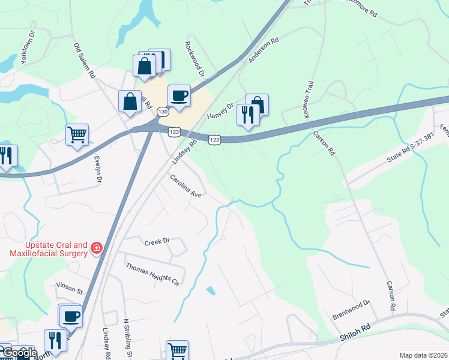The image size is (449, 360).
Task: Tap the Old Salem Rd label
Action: [x=85, y=61]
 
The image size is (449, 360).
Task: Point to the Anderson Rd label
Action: [x=264, y=51]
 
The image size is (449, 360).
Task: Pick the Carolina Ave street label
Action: [x=185, y=187]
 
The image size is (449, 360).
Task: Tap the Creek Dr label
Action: [x=157, y=242]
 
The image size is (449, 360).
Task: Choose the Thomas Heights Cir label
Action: [x=152, y=273]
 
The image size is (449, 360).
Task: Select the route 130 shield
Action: [x=163, y=112]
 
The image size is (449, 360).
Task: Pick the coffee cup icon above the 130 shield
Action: [x=179, y=95]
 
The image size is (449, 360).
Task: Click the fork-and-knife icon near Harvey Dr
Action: [x=247, y=114]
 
